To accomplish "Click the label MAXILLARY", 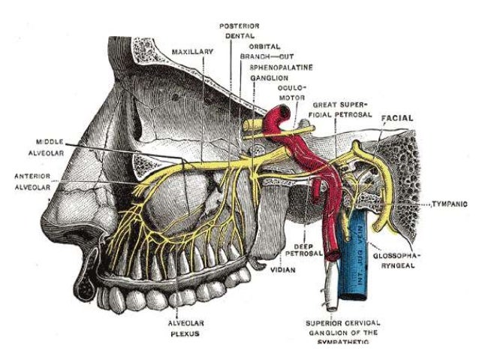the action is point(193,52).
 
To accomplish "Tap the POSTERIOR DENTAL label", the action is point(239,30).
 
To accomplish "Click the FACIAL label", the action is point(398,118).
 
